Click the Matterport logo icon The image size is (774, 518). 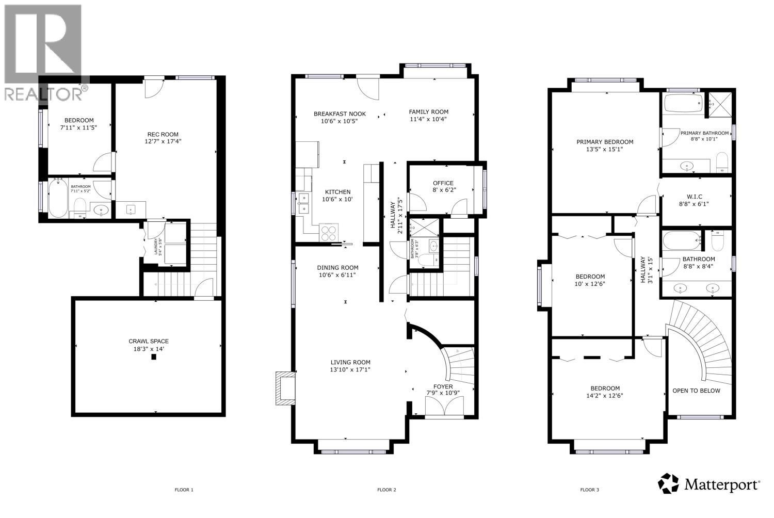tap(668, 483)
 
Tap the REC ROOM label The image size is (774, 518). tap(162, 134)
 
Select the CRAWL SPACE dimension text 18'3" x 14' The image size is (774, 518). tap(149, 349)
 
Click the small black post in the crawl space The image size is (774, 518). tap(153, 356)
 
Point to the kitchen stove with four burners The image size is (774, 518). tap(328, 233)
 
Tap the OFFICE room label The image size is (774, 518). tap(443, 183)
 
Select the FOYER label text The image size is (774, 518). tap(443, 386)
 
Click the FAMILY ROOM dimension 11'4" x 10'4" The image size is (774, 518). tap(428, 119)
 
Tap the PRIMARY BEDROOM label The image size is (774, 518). tap(605, 142)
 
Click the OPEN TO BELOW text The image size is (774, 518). tap(696, 391)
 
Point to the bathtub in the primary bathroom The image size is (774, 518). tap(683, 104)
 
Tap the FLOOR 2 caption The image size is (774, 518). tap(386, 490)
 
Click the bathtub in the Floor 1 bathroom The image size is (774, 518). tap(57, 199)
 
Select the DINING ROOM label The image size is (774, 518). tap(337, 267)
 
